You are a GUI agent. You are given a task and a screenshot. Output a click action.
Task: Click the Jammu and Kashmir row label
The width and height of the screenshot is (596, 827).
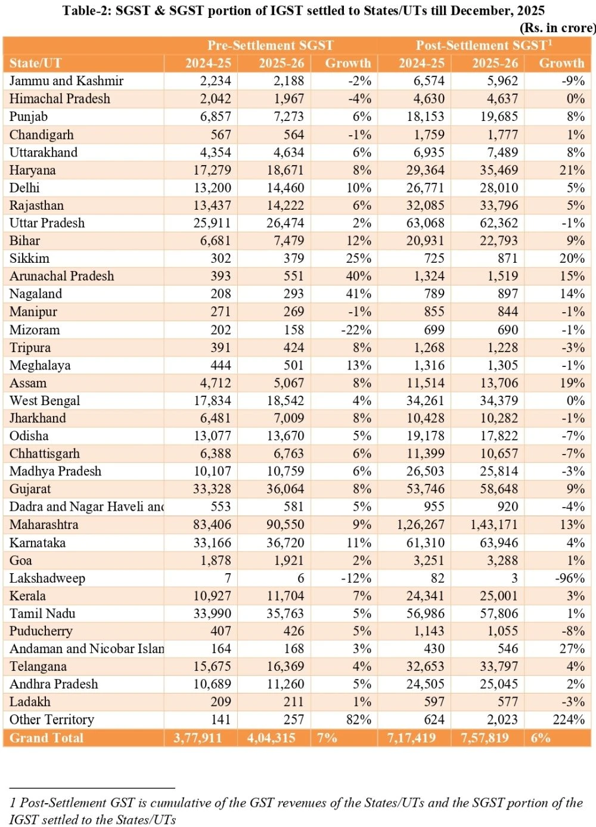coord(66,81)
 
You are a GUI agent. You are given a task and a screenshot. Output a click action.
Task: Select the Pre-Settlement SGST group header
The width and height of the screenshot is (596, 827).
coord(270,45)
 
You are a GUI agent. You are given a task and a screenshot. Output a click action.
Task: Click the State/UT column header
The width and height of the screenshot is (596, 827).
coord(35,63)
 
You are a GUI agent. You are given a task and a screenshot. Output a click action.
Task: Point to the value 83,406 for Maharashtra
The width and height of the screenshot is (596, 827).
coord(212,525)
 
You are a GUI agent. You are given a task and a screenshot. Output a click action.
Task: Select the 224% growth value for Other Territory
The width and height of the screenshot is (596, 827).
coord(569,720)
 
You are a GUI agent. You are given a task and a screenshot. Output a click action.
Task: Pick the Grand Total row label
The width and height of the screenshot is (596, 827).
coord(46,738)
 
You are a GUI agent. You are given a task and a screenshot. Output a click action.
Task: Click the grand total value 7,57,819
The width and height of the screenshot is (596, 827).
coord(485,738)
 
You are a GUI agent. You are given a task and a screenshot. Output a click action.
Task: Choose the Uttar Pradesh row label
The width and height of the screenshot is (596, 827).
coord(47,223)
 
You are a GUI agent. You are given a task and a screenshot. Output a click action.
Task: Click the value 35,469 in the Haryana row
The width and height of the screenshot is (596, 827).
coord(499,170)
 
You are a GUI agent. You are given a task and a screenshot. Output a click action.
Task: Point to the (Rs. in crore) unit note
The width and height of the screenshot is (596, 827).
coord(557,28)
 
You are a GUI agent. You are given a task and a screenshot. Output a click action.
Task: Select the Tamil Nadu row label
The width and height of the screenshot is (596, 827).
coord(42,614)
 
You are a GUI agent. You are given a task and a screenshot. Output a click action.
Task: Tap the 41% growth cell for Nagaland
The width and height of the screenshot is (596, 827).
coord(359,294)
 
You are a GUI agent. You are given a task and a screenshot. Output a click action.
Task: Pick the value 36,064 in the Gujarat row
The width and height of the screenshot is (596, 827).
coord(285,489)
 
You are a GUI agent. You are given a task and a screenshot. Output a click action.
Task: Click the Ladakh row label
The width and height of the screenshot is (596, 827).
coord(30,702)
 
